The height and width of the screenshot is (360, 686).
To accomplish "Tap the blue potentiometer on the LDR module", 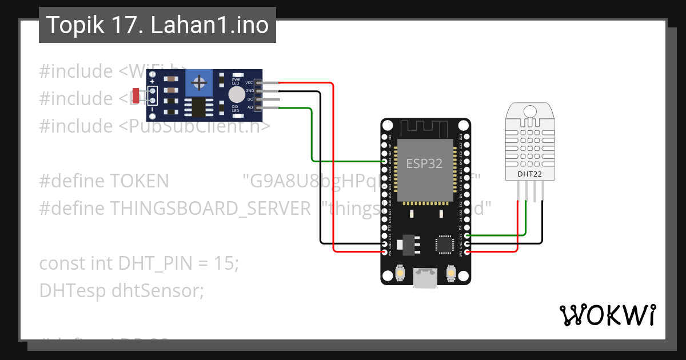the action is click(x=199, y=83).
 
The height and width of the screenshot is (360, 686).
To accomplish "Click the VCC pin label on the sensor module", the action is click(x=249, y=83).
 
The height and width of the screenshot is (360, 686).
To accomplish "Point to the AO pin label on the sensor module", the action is click(x=250, y=107).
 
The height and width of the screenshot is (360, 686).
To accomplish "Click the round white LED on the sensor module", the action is click(x=236, y=94).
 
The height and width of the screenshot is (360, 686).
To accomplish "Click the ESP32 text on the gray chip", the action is click(x=424, y=163).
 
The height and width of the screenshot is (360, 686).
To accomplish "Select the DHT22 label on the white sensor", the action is click(x=530, y=174).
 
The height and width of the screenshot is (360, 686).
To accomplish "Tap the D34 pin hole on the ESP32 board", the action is click(x=384, y=161).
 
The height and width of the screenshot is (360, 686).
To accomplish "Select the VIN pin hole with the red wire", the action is click(x=384, y=251).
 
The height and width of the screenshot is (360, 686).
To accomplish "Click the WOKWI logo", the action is click(x=607, y=315).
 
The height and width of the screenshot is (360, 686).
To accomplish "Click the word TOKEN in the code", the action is click(x=139, y=181).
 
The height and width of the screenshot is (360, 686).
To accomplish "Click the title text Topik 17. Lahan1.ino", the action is click(x=157, y=25).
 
